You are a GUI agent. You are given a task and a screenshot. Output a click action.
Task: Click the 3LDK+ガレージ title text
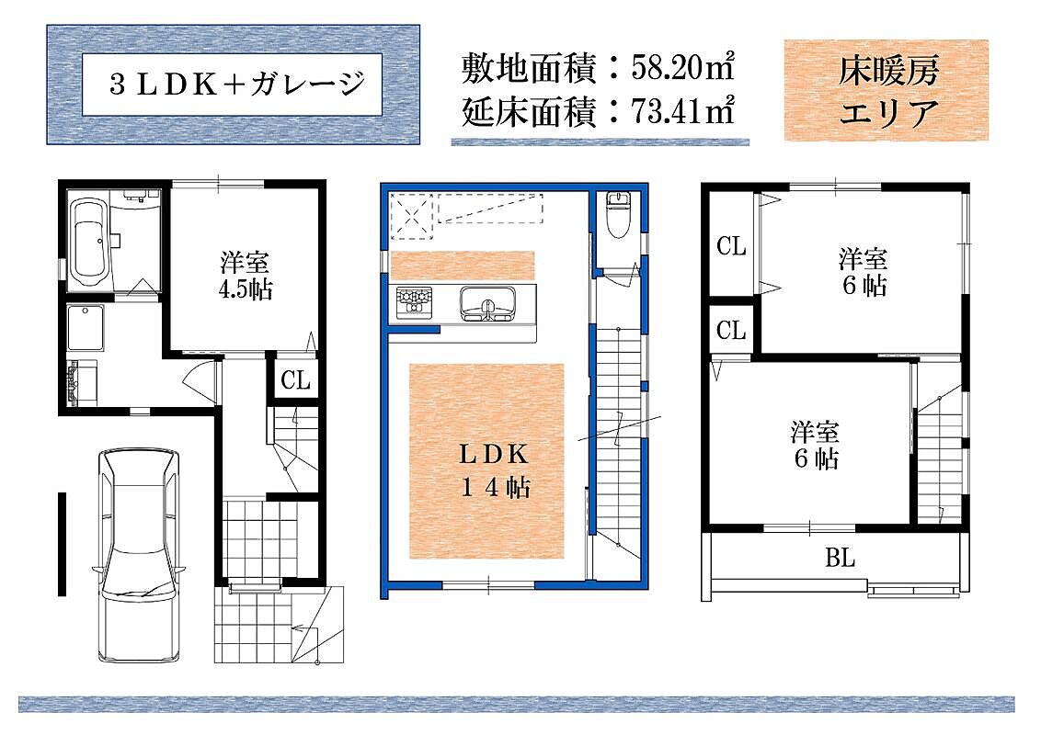click(237, 85)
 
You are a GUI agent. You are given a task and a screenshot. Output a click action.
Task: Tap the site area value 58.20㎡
click(683, 68)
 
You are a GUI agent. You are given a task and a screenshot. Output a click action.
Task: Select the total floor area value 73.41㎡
click(683, 111)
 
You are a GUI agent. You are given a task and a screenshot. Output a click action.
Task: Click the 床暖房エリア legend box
click(887, 90)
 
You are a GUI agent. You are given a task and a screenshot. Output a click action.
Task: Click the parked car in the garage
click(140, 555)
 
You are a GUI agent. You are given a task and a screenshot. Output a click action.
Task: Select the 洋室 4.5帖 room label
click(246, 276)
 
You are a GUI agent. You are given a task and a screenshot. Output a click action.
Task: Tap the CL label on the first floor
click(295, 380)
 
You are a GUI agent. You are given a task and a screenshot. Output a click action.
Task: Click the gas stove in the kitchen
click(414, 302)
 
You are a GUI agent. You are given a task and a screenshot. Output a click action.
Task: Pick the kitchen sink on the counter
click(487, 304)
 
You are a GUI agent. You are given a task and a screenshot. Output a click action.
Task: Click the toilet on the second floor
click(618, 213)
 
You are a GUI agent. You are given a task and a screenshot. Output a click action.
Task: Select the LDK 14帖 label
click(496, 470)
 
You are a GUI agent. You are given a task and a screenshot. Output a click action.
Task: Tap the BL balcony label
click(840, 558)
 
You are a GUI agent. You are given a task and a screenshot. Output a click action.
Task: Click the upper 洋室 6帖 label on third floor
click(864, 272)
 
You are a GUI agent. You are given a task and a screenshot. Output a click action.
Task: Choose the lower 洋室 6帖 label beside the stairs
click(816, 445)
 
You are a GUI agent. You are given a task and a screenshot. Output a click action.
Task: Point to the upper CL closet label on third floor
click(731, 246)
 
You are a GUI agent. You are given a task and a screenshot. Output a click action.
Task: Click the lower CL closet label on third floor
click(731, 330)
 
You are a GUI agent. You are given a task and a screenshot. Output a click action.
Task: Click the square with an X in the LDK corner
click(412, 215)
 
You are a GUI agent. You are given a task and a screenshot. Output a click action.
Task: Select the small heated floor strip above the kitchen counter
click(463, 266)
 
